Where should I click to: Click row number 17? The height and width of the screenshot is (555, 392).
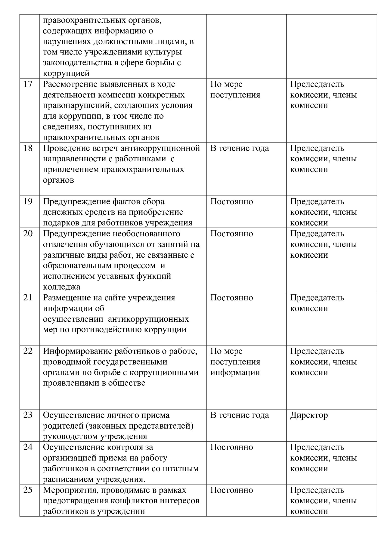[28, 84]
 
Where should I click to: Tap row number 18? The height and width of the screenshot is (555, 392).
[28, 148]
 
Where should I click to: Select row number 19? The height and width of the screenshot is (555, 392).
[28, 201]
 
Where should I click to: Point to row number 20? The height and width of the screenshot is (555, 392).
[28, 234]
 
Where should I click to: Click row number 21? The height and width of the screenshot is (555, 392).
[28, 298]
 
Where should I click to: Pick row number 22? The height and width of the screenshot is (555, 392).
[28, 351]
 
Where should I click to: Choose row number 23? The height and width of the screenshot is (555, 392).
[28, 415]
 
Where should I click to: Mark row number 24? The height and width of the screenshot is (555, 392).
[28, 447]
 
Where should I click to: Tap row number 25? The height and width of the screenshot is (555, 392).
[28, 490]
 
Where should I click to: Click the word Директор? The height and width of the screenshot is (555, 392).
[309, 415]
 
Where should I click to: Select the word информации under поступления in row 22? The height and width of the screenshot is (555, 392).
[235, 372]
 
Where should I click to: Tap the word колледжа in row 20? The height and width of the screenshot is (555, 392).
[61, 287]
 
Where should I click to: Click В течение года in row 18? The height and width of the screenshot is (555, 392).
[240, 148]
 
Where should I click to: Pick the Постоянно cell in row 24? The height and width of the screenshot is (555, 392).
[232, 447]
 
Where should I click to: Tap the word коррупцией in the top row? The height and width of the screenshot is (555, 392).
[66, 73]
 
